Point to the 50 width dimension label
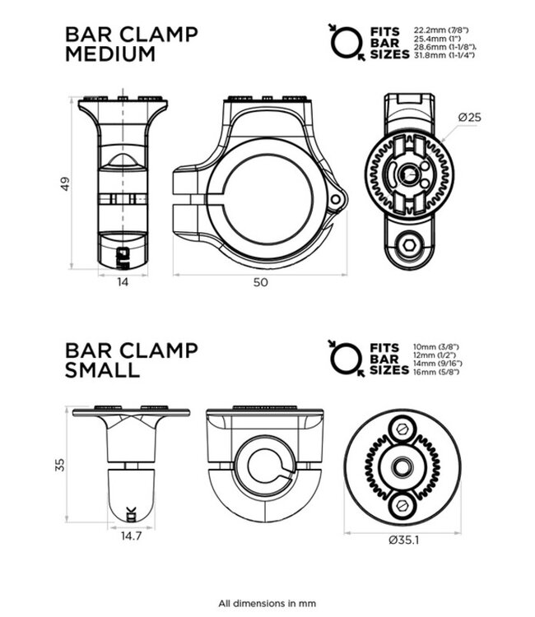(x=260, y=281)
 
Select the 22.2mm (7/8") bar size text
(x=443, y=29)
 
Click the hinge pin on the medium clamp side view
(x=334, y=200)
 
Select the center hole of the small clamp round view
(x=402, y=466)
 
